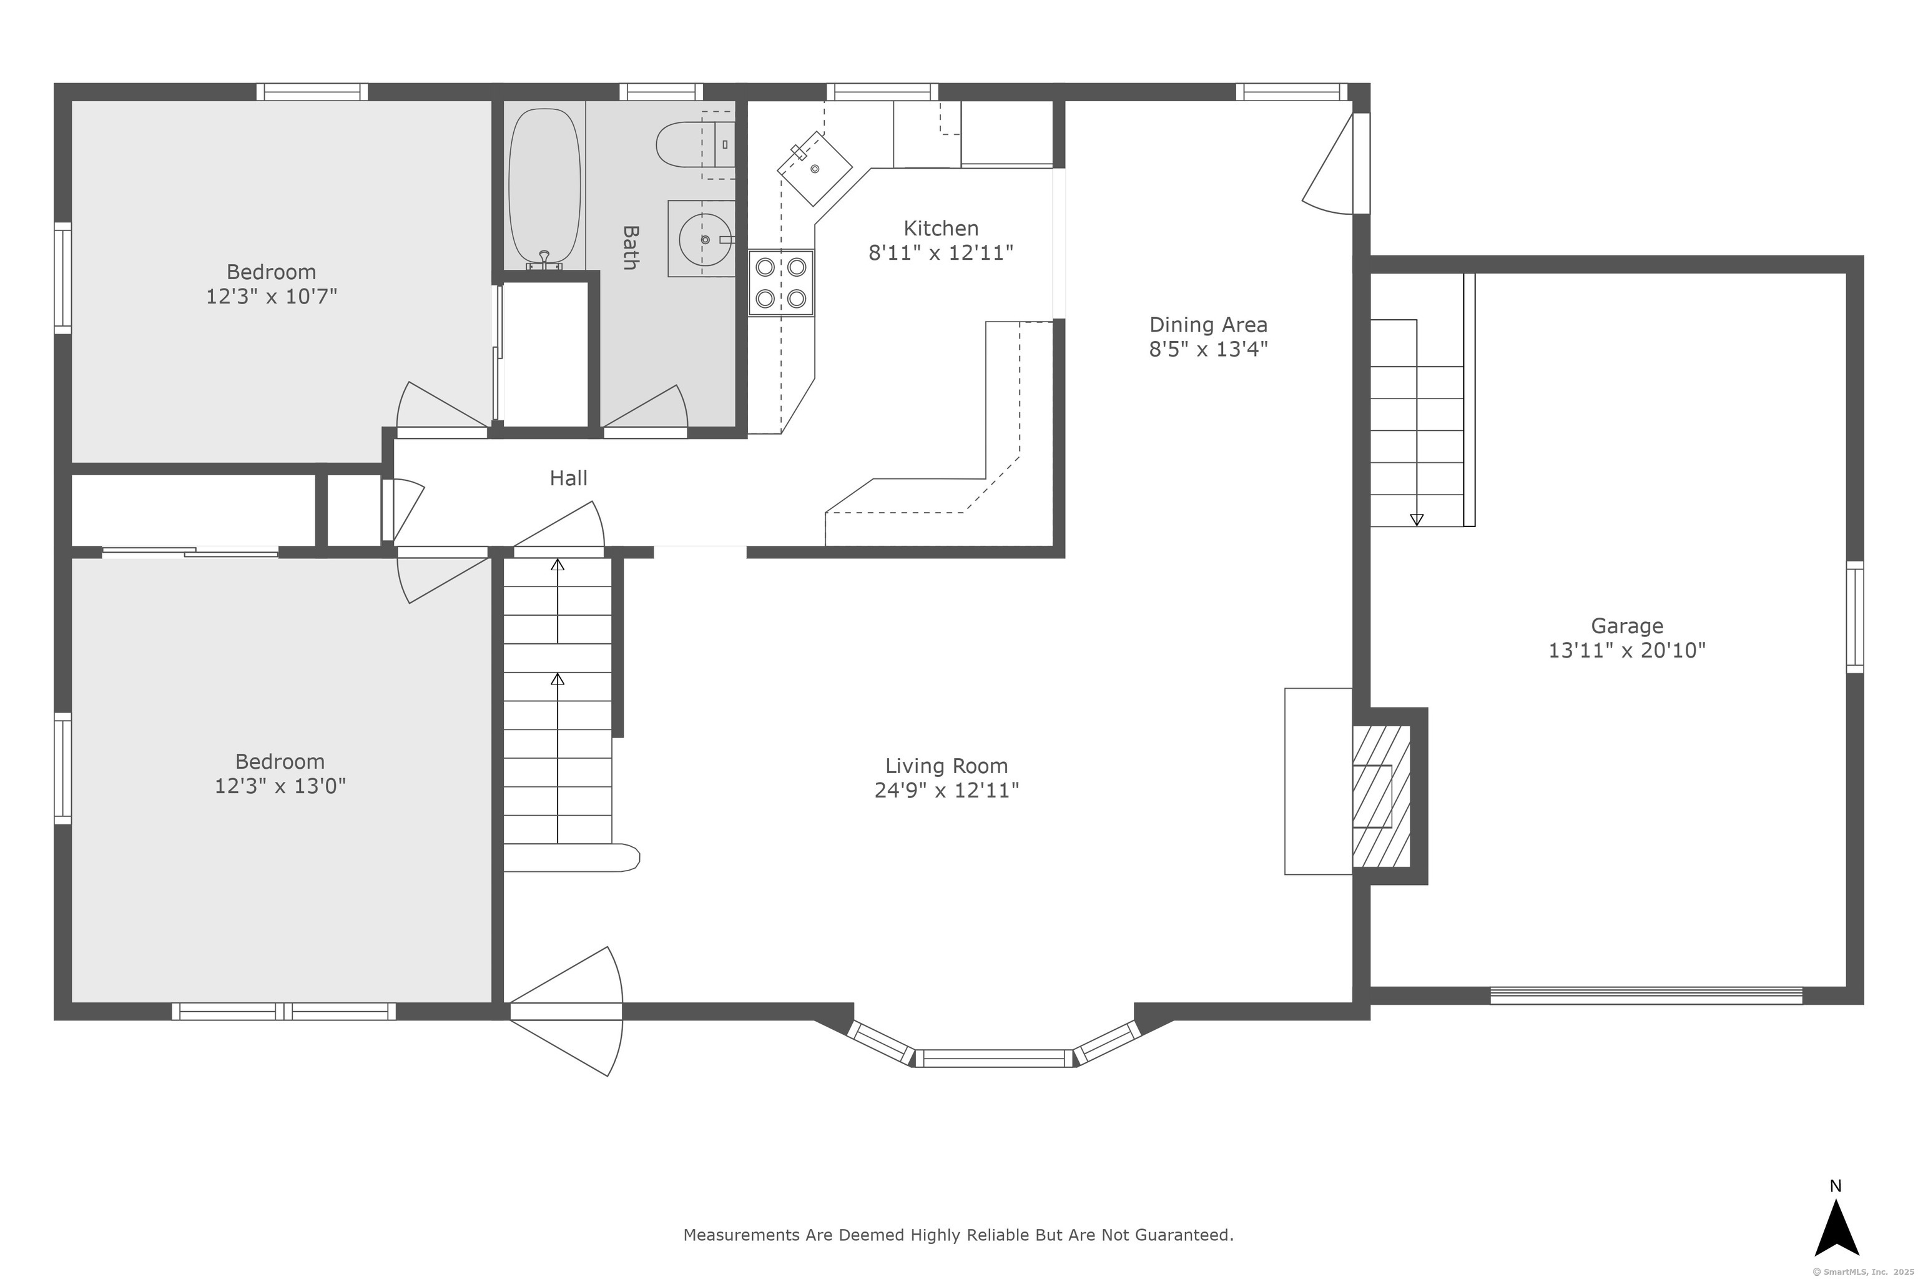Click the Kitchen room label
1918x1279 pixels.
940,229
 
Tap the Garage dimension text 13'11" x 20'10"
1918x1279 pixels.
1627,650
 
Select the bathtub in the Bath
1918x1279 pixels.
544,187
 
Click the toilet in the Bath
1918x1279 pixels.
694,144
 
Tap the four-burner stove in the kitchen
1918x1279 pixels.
781,282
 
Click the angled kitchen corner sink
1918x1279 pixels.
814,168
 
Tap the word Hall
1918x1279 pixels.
568,478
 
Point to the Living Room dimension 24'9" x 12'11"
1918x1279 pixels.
947,791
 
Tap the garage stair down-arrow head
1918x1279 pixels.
1417,520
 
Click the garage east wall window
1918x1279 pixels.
1855,616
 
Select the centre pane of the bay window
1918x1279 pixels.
994,1059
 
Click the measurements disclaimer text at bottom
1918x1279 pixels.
958,1235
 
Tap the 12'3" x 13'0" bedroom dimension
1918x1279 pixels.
280,786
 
